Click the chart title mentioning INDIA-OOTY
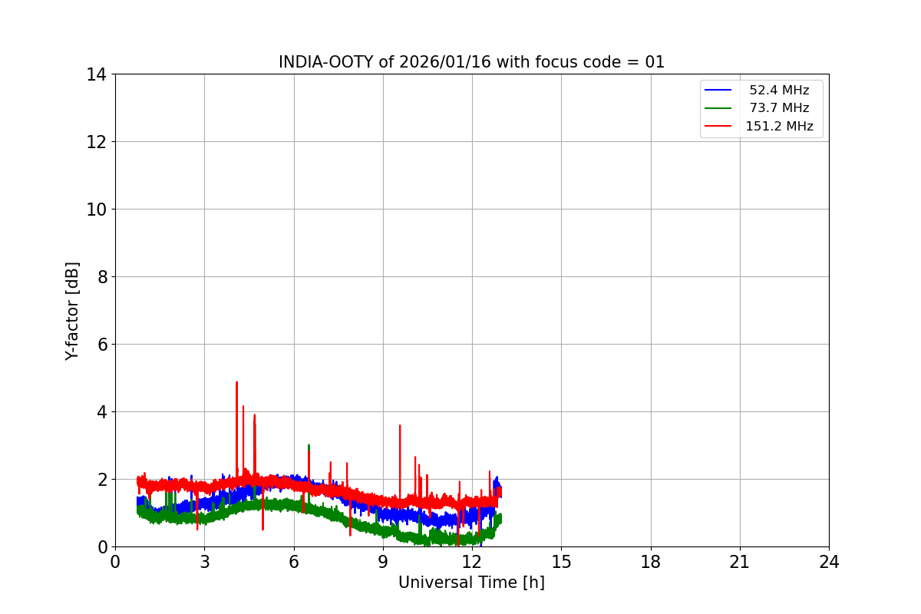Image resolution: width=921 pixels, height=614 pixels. (x=471, y=62)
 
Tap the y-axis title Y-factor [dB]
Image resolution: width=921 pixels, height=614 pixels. (x=72, y=311)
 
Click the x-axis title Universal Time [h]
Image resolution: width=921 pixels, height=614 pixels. (x=471, y=583)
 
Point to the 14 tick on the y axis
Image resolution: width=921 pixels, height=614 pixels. (x=96, y=74)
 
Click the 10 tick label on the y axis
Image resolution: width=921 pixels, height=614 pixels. (x=96, y=210)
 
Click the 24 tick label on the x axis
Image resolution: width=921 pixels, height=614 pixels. (x=829, y=562)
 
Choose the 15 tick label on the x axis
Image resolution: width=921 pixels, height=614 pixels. (x=561, y=562)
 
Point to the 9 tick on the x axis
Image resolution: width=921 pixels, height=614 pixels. (x=383, y=562)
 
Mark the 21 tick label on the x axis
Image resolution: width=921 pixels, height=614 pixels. (x=740, y=562)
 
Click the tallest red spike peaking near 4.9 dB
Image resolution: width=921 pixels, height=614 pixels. (x=236, y=382)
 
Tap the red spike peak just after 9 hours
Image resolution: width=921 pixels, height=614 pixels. (x=400, y=425)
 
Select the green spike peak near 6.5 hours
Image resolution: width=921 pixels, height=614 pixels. (x=309, y=445)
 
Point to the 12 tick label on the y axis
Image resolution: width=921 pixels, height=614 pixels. (x=96, y=142)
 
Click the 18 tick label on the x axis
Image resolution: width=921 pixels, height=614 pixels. (x=651, y=562)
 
